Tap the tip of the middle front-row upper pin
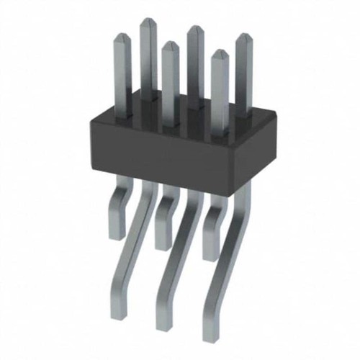click(169, 45)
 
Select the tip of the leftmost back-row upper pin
click(148, 22)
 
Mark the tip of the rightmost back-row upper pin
click(243, 36)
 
